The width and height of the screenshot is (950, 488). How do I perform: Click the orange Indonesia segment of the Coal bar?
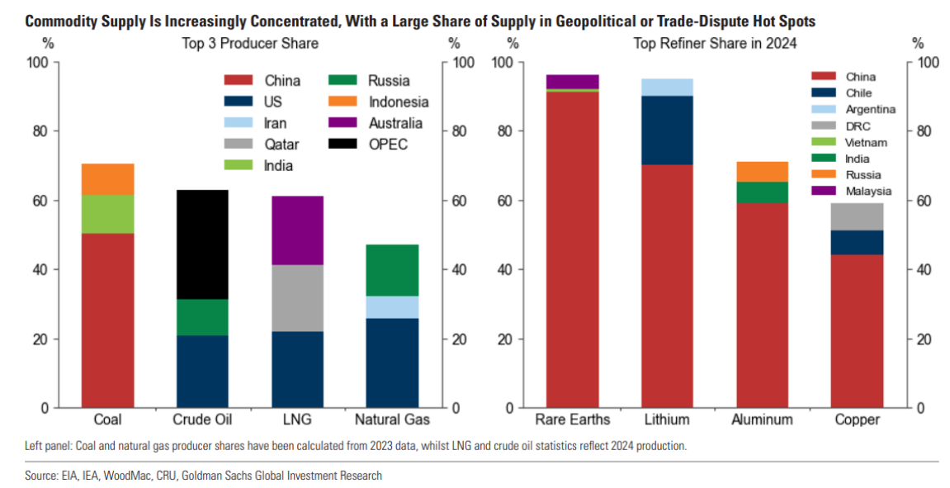click(107, 178)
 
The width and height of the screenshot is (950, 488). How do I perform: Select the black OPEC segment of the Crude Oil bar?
click(202, 244)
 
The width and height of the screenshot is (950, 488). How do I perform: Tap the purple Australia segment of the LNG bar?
click(297, 230)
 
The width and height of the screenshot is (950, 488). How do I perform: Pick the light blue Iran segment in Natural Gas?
click(392, 307)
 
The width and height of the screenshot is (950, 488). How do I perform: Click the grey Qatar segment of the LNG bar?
click(297, 298)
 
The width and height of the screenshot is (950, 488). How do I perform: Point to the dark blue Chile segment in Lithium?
click(667, 130)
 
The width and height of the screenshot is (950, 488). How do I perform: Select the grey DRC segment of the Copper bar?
click(857, 216)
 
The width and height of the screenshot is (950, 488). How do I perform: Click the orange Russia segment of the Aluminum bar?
click(762, 172)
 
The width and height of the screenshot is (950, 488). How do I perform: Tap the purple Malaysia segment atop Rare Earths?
click(572, 81)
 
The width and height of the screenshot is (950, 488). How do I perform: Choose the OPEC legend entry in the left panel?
click(387, 145)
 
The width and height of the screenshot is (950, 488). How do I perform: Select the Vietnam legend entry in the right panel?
click(866, 142)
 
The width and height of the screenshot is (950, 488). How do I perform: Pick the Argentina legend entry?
click(870, 109)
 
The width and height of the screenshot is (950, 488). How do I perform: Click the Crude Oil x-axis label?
click(202, 419)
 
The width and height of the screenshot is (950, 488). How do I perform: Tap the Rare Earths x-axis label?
click(572, 419)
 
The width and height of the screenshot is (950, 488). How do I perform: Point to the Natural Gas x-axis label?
click(392, 419)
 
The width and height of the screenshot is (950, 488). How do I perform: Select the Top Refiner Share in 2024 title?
click(715, 44)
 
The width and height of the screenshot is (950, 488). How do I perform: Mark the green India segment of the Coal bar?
click(107, 214)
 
